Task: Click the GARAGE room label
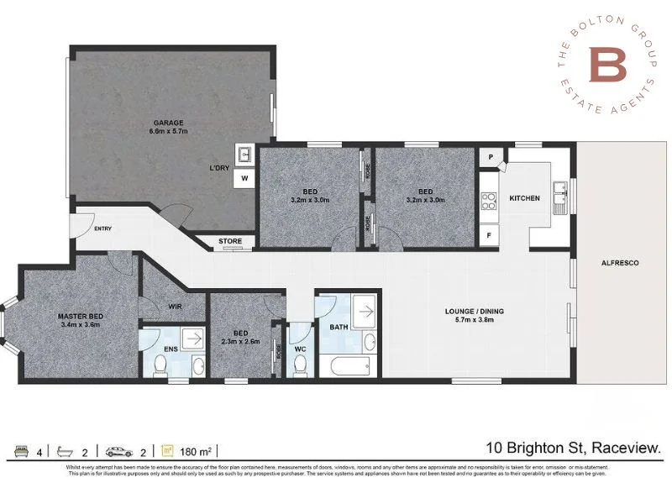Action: click(x=169, y=123)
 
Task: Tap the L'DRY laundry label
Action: click(x=220, y=168)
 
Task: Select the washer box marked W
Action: click(x=245, y=179)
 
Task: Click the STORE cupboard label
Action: click(x=230, y=242)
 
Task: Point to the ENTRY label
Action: click(x=103, y=228)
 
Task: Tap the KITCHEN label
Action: click(x=524, y=198)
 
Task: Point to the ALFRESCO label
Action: click(x=620, y=263)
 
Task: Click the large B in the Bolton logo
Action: click(x=605, y=65)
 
